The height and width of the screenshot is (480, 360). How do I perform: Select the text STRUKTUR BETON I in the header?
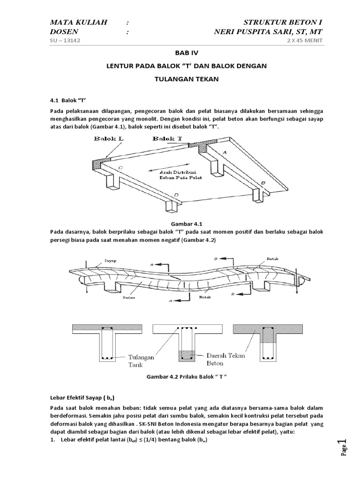(x=283, y=22)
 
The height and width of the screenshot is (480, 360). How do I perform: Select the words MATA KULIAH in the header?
(x=79, y=22)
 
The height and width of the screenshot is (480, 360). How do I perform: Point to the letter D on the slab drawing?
(x=175, y=195)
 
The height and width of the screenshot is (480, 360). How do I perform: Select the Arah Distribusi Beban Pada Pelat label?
(x=173, y=175)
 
